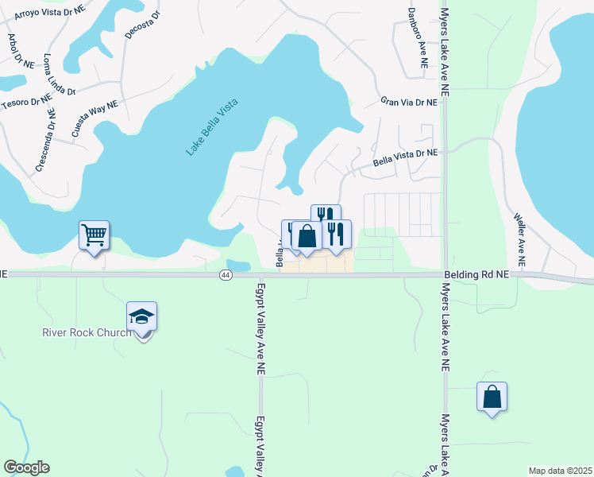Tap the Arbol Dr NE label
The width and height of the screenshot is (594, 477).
(x=21, y=51)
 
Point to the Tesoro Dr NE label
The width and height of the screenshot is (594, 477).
(x=26, y=100)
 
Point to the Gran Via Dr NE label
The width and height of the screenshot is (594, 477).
(x=409, y=102)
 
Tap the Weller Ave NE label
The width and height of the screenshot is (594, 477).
(x=519, y=238)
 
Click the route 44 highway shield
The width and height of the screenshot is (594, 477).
(x=226, y=274)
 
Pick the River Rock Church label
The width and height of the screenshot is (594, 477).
(x=86, y=332)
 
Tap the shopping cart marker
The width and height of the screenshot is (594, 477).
(x=94, y=235)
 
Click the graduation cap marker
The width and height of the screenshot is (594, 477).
(x=141, y=317)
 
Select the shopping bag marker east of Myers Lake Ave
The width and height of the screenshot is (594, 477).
(x=492, y=396)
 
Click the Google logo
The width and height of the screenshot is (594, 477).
(x=26, y=467)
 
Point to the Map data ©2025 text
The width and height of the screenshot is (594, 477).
(x=560, y=471)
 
